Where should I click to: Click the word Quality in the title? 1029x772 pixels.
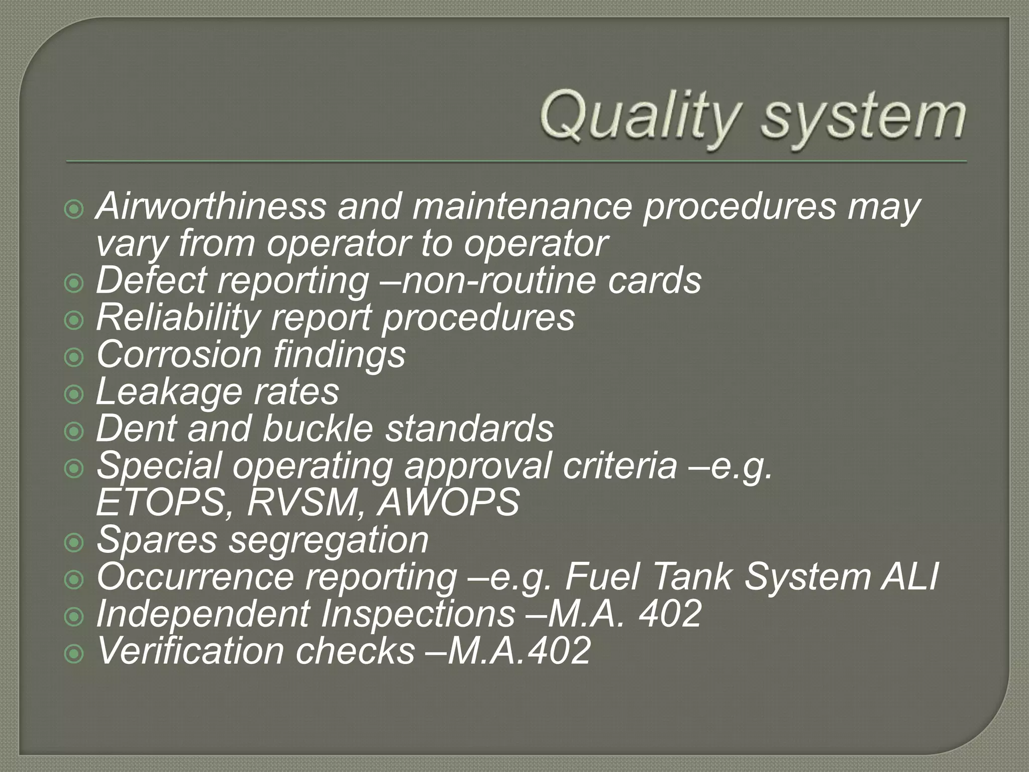638,117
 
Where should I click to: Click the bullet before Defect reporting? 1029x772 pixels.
74,284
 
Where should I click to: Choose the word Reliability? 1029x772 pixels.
178,318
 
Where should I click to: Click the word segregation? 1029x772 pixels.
329,540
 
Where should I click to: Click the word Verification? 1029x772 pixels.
190,651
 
